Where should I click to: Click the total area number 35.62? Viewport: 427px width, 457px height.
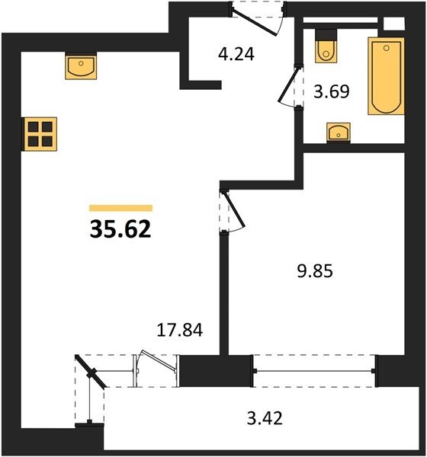click(120, 229)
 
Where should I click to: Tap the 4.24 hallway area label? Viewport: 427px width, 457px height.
click(236, 54)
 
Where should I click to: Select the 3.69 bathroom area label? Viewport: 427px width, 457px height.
click(331, 91)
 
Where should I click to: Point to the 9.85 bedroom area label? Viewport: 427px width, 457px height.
click(315, 271)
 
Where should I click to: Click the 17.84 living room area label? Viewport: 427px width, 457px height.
click(179, 331)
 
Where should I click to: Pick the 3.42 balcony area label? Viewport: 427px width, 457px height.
click(265, 418)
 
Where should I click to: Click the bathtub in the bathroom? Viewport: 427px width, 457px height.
click(386, 76)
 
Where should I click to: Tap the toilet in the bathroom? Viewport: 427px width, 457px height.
click(326, 46)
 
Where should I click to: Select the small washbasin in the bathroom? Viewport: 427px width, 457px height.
click(339, 133)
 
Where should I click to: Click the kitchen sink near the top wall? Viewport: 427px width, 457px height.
click(81, 66)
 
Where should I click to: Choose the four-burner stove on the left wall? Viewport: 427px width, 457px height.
click(40, 134)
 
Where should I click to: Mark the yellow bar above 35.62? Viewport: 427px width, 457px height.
click(120, 208)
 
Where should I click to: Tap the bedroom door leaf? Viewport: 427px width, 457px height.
click(234, 210)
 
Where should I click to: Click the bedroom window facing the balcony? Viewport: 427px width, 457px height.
click(315, 371)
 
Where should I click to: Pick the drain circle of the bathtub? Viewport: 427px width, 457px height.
click(387, 48)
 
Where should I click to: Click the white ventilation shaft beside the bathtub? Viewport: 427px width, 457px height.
click(394, 24)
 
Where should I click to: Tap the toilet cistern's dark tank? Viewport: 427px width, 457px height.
click(326, 35)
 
